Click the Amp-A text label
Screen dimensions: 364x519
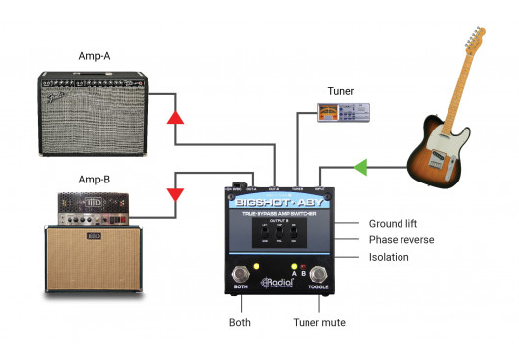[x=94, y=56]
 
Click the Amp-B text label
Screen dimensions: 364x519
[x=94, y=180]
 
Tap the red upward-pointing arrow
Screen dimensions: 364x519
[x=175, y=119]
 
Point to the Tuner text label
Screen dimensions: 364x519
[x=342, y=91]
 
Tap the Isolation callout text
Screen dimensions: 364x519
[x=389, y=257]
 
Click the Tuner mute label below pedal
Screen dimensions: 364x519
[x=319, y=321]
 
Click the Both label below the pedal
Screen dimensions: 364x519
[x=240, y=321]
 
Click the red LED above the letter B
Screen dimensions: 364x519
[x=304, y=267]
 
